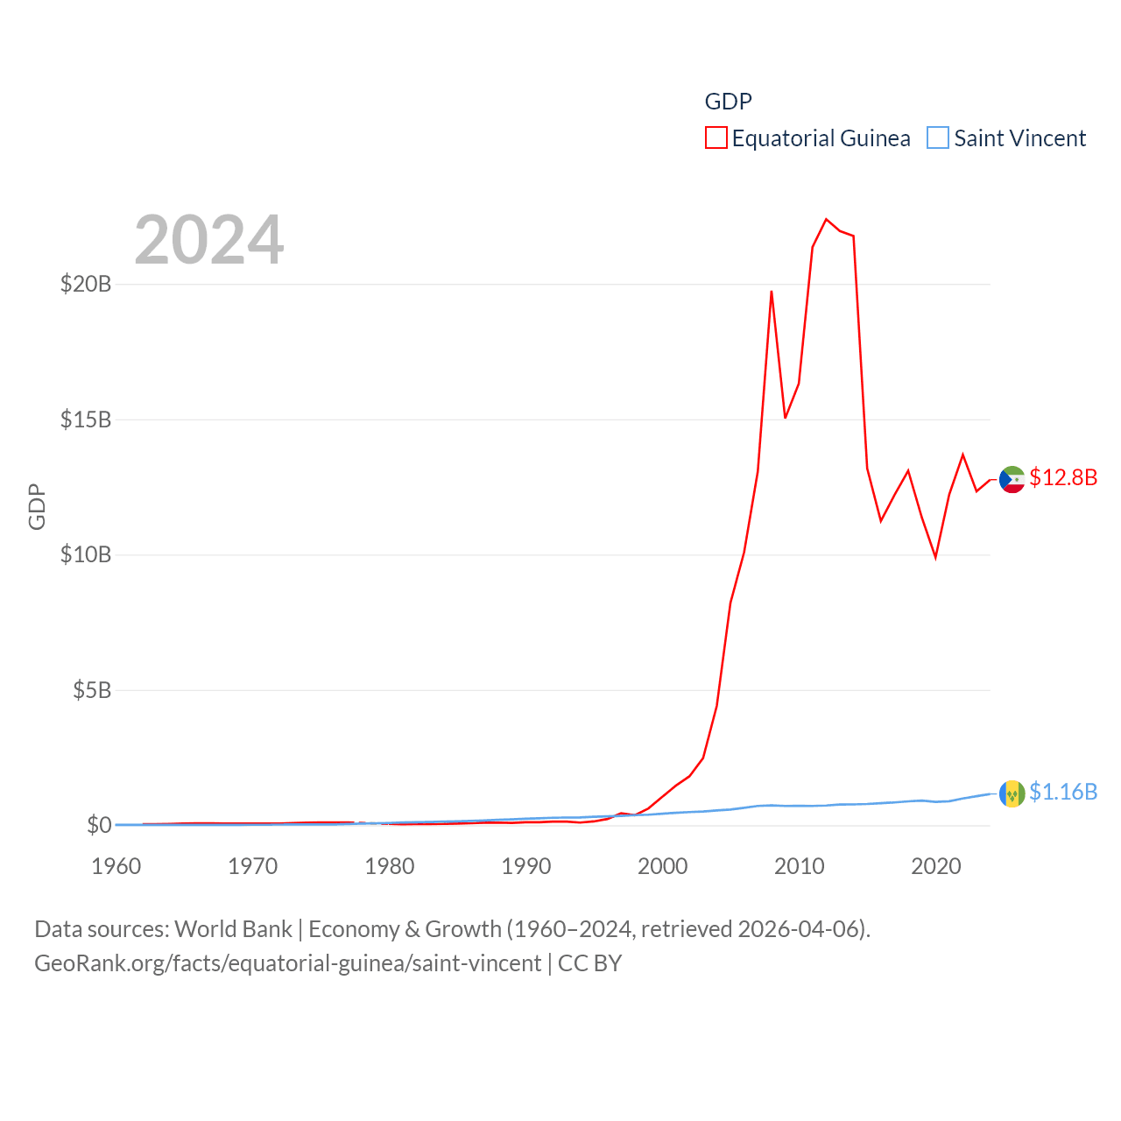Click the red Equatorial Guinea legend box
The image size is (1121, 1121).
coord(716,138)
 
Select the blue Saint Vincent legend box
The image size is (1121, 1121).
coord(938,138)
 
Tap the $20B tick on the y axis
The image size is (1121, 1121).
coord(86,284)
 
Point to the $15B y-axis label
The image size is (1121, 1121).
coord(86,419)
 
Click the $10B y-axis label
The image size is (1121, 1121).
coord(86,554)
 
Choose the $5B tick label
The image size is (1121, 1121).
coord(92,690)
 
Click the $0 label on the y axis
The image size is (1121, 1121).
coord(99,825)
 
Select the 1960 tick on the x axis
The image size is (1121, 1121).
coord(116,866)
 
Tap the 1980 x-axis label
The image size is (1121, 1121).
coord(390,866)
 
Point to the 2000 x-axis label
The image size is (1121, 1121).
coord(663,866)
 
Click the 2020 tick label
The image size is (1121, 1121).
coord(936,866)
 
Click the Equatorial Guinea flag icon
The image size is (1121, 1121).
coord(1012,479)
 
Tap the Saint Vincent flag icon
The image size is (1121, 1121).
coord(1012,793)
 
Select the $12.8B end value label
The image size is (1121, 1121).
coord(1063,477)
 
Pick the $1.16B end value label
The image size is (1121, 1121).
coord(1063,792)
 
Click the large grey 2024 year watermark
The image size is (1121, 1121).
coord(209,240)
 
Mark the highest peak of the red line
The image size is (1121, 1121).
coord(826,219)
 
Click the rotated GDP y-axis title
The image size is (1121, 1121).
coord(37,506)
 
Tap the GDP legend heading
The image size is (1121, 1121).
coord(728,102)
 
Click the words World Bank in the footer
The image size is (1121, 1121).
coord(233,928)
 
